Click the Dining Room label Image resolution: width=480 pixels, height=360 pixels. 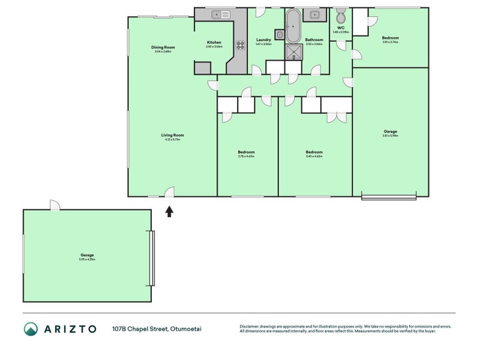163,47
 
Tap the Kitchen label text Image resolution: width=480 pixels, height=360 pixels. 214,43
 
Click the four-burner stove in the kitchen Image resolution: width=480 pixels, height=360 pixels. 241,44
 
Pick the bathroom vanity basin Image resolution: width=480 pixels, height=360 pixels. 314,14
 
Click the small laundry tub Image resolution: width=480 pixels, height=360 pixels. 279,34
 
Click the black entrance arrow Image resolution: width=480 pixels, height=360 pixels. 169,211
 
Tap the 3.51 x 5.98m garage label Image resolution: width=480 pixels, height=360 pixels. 390,131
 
